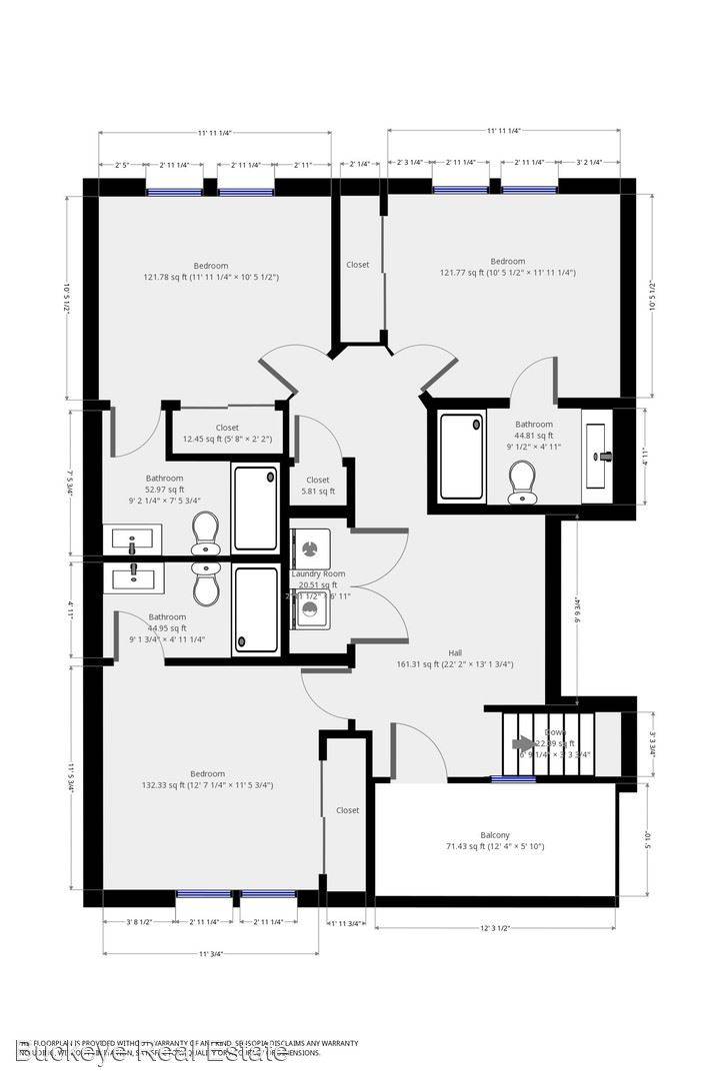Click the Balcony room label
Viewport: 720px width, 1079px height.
494,834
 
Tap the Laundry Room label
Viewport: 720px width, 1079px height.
318,573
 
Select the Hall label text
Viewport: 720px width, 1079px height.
455,652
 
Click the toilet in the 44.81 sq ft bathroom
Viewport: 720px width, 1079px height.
520,483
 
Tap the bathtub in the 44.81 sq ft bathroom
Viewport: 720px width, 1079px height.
462,456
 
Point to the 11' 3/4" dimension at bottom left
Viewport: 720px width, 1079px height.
210,954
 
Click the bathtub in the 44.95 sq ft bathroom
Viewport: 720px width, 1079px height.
256,609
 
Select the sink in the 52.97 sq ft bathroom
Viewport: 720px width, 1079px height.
132,541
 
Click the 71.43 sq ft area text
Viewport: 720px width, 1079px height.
494,846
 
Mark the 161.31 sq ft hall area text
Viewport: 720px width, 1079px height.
455,663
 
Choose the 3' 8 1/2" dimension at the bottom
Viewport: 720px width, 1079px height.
139,921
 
